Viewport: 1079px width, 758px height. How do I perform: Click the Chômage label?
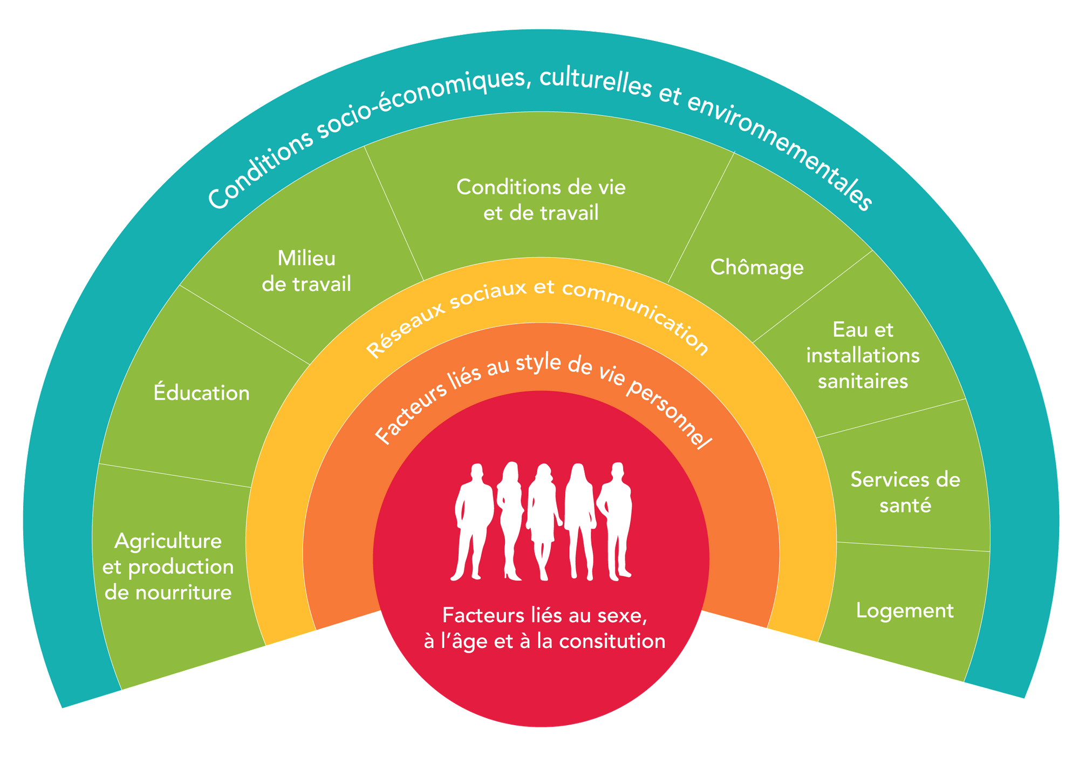756,268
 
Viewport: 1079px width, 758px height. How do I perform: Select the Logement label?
905,611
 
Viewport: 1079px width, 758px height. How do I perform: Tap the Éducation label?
201,393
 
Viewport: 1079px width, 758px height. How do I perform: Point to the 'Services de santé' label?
905,492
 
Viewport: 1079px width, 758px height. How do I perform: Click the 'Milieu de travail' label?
306,271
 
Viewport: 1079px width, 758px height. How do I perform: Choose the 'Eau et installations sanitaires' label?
863,356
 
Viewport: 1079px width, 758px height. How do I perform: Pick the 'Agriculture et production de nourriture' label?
168,566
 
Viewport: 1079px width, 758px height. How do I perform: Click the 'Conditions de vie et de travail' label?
541,200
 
